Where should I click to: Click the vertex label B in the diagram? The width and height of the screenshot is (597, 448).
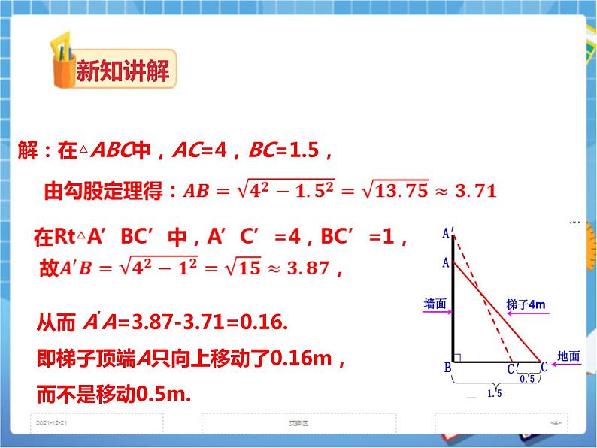coord(447,368)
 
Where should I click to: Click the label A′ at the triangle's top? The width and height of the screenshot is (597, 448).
coord(448,234)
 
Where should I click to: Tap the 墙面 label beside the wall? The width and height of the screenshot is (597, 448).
coord(435,303)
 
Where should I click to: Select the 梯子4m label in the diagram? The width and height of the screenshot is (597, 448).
coord(527,304)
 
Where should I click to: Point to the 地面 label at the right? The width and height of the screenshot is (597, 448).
coord(569,356)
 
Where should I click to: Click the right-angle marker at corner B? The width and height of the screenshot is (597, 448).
coord(457,356)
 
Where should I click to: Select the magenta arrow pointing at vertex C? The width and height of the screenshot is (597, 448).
coord(565,366)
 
